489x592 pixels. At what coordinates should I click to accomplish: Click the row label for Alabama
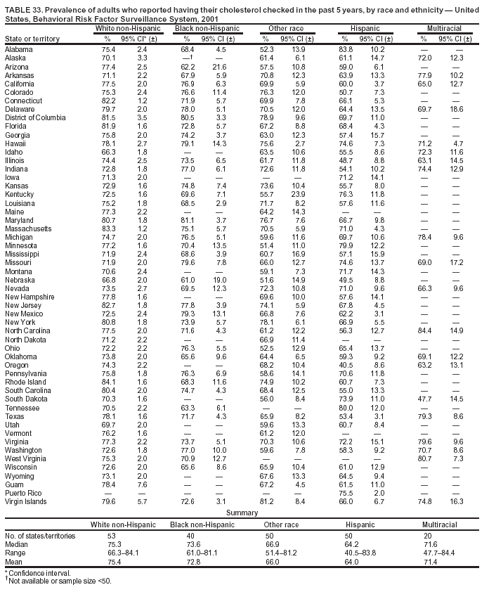click(18, 50)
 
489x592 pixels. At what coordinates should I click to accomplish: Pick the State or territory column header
click(32, 38)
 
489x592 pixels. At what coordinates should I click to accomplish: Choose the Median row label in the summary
click(16, 543)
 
